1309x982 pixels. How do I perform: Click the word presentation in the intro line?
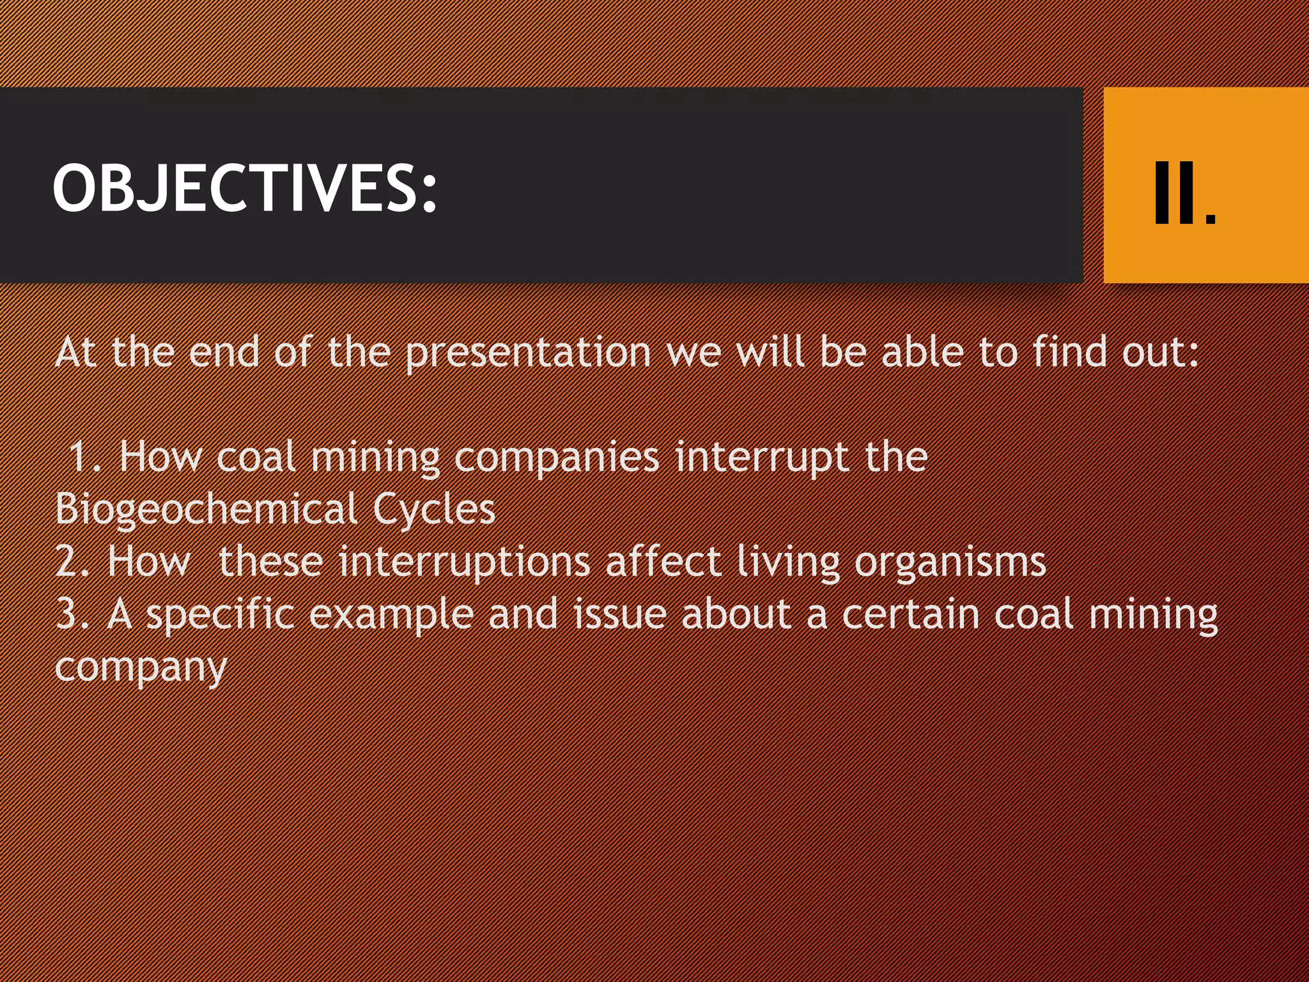528,353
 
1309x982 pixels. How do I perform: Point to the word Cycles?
434,510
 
